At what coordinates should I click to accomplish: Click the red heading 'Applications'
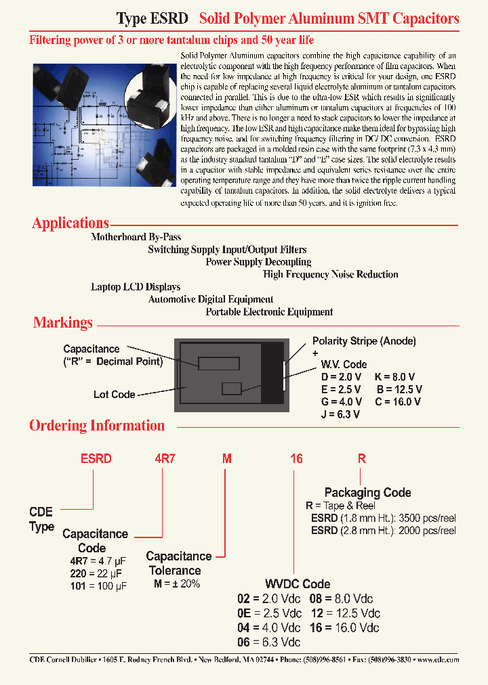pos(70,223)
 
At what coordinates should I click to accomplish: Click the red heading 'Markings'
pos(63,323)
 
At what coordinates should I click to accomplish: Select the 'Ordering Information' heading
pos(97,426)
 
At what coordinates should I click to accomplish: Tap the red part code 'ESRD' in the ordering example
pos(96,458)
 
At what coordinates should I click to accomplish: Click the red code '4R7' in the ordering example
pos(165,458)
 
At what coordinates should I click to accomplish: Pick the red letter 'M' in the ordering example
pos(228,458)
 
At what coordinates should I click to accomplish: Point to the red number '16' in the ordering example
pos(296,458)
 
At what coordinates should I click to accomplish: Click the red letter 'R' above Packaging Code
pos(362,458)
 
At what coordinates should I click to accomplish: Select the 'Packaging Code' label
pos(367,493)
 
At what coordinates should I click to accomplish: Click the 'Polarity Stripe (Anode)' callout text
pos(364,341)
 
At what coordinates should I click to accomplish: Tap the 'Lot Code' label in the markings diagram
pos(114,395)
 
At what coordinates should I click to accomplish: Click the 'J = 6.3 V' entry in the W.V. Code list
pos(340,414)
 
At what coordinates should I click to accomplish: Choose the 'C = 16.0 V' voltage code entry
pos(398,401)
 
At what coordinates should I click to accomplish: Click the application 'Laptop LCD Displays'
pos(136,287)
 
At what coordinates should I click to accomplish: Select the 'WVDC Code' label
pos(298,584)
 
